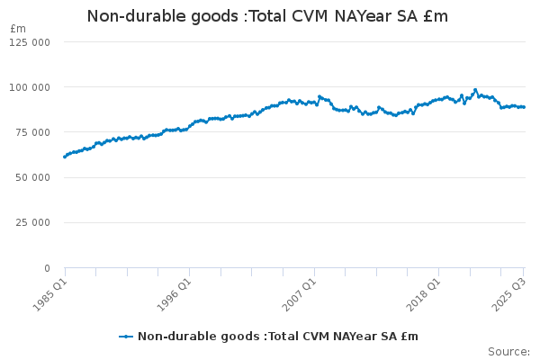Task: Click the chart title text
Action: (266, 16)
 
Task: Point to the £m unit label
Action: (18, 29)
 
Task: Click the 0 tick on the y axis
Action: (46, 268)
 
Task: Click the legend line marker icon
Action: (126, 337)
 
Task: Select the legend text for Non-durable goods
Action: (278, 337)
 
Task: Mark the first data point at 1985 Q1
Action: (65, 157)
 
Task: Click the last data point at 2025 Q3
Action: (524, 107)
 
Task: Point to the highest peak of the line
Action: (475, 90)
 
